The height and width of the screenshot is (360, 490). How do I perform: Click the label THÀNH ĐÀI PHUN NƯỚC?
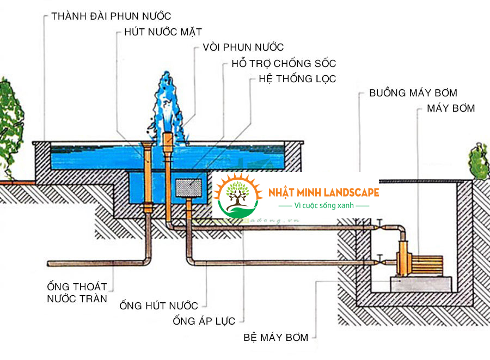coord(111,16)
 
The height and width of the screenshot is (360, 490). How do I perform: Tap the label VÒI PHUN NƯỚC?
coord(243,47)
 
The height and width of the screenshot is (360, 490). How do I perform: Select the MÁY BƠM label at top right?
coord(451,108)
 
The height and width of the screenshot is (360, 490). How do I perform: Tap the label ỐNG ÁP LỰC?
coord(204,321)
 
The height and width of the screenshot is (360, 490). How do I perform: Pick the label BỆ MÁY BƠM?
coord(275,338)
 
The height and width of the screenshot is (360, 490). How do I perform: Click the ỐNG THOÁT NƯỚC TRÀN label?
coord(77,292)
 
